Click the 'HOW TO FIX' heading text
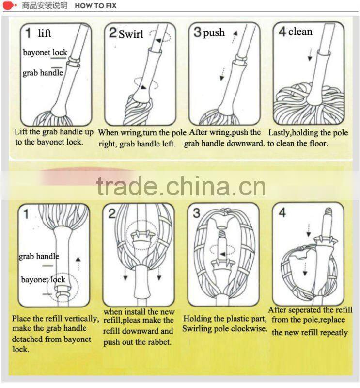[95, 6]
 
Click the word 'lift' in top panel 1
[45, 33]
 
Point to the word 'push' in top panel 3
[214, 33]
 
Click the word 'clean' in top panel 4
[300, 32]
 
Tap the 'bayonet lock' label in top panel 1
[45, 52]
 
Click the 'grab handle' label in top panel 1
[43, 73]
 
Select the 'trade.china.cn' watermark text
[181, 186]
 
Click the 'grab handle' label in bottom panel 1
[39, 256]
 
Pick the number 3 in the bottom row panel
[196, 213]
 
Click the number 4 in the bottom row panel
[282, 213]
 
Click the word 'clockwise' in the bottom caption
[250, 329]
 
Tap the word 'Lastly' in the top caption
[279, 132]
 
